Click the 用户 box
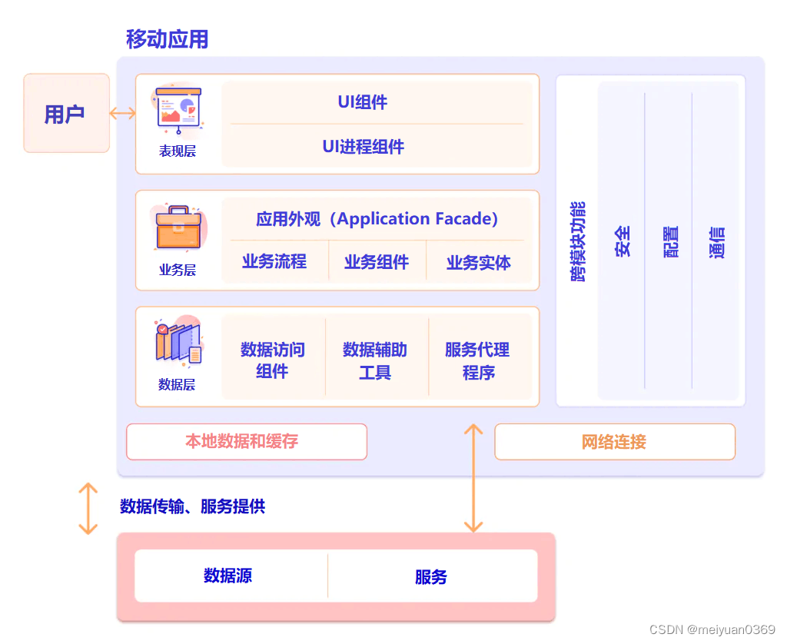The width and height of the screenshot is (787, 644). pos(66,114)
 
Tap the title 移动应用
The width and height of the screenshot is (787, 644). pos(167,39)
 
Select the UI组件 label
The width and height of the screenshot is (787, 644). pos(362,102)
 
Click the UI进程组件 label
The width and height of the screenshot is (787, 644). pos(363,147)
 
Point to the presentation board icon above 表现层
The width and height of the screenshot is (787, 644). pos(178,108)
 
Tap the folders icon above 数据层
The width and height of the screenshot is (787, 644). pos(178,342)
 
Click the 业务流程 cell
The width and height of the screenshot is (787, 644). pos(274,262)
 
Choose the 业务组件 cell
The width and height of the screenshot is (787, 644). pos(377,262)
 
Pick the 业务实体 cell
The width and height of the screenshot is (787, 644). pos(478,262)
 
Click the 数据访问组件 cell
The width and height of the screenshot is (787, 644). pos(273,360)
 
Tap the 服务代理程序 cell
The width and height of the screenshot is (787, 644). pos(477,360)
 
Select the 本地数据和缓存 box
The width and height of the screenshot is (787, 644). pos(246,442)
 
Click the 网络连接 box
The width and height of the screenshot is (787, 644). pos(614,442)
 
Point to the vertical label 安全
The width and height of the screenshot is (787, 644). pos(623,241)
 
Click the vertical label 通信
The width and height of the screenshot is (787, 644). pos(716,241)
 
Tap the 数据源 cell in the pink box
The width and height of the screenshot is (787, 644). pos(228,576)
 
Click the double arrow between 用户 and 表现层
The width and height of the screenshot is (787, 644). pos(122,114)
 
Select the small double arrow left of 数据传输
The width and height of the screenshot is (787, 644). pos(88,508)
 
